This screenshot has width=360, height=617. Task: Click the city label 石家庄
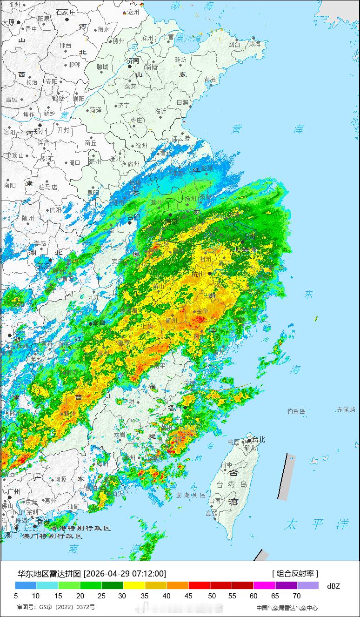pos(65,13)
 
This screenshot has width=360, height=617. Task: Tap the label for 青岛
pos(210,80)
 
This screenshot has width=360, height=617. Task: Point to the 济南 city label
pos(133,60)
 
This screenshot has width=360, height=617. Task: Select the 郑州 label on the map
pos(40,132)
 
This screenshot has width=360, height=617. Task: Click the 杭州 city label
pos(198,274)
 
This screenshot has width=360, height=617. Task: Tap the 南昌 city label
pos(99,323)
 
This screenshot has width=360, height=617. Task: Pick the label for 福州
pos(174,408)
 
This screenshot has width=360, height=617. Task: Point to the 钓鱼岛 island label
pos(296,411)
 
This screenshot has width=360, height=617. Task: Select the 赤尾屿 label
pos(346,409)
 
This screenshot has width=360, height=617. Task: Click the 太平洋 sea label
pos(317,524)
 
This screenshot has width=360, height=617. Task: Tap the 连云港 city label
pos(181,139)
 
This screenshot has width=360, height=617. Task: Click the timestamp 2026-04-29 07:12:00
pos(125,573)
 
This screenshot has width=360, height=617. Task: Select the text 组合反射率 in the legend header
pos(295,573)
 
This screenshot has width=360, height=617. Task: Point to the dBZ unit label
pos(333,586)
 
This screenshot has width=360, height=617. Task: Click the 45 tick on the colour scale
pos(188,595)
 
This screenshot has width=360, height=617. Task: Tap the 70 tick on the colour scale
pos(297,595)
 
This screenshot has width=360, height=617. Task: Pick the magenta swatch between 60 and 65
pos(265,585)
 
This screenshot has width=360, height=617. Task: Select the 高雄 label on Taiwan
pos(212,513)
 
